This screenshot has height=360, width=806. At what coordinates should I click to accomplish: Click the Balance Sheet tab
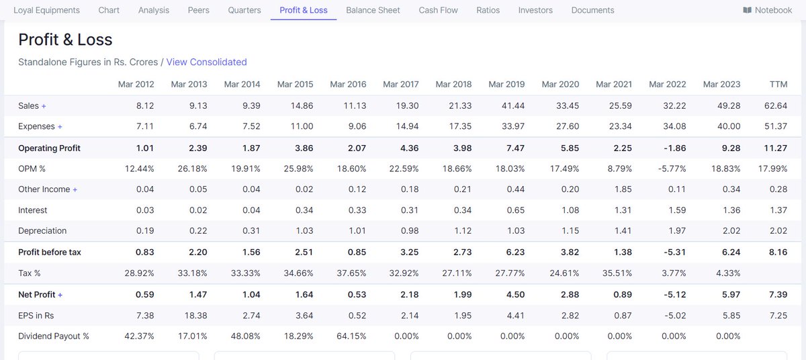click(x=373, y=10)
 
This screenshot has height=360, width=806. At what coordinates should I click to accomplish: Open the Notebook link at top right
click(x=768, y=10)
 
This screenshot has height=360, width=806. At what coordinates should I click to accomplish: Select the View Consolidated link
click(x=206, y=62)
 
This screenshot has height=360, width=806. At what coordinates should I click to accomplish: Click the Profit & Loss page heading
click(x=65, y=40)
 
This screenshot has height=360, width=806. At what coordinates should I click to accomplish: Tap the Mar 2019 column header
click(x=506, y=84)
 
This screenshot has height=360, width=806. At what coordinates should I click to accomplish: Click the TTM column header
click(x=778, y=84)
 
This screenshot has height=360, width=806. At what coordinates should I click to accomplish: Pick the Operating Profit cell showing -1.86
click(x=674, y=148)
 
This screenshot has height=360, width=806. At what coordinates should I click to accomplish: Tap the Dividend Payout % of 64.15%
click(x=350, y=336)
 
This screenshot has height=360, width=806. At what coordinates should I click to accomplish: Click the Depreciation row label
click(x=42, y=230)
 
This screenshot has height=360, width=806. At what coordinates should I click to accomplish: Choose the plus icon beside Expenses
click(x=60, y=127)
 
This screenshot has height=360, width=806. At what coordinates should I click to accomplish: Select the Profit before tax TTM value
click(x=778, y=252)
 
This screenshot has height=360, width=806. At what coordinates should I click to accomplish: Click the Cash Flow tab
click(x=438, y=10)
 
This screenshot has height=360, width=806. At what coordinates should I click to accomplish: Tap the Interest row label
click(x=33, y=210)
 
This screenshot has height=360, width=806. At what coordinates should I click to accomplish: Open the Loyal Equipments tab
click(x=46, y=10)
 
